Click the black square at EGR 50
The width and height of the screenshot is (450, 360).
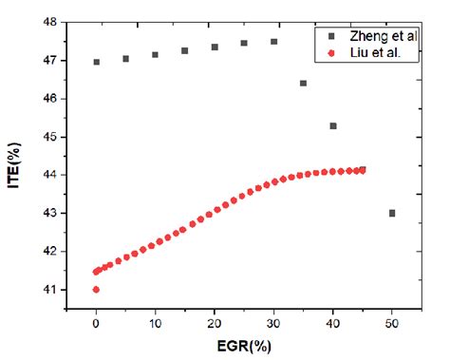coord(392,213)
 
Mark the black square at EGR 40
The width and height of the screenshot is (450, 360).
coord(333,125)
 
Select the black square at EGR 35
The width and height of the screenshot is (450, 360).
coord(304,83)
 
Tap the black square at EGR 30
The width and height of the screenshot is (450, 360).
coord(273,42)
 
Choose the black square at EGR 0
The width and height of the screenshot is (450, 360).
coord(96,62)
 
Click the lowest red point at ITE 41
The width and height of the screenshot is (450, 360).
coord(96,290)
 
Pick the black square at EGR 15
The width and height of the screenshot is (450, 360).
coord(185,50)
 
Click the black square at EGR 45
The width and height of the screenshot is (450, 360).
coord(363,170)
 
